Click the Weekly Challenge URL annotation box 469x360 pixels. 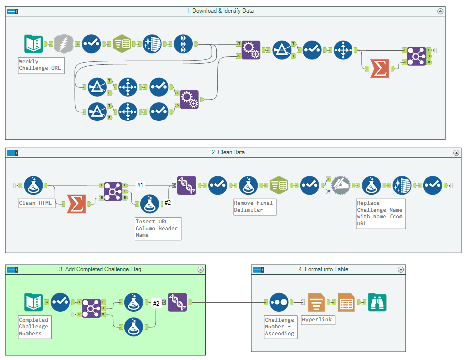pyautogui.click(x=41, y=65)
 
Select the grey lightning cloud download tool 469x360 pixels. pyautogui.click(x=63, y=44)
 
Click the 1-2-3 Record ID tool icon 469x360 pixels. pyautogui.click(x=183, y=44)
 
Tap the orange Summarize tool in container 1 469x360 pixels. pyautogui.click(x=380, y=68)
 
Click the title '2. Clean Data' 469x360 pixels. pyautogui.click(x=228, y=152)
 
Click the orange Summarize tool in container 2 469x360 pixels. pyautogui.click(x=76, y=204)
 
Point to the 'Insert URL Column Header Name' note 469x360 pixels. pyautogui.click(x=157, y=228)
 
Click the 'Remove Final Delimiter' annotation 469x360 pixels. pyautogui.click(x=254, y=206)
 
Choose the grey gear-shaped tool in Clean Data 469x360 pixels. pyautogui.click(x=342, y=185)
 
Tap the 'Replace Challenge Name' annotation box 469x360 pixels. pyautogui.click(x=380, y=213)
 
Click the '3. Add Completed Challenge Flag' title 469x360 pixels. pyautogui.click(x=100, y=269)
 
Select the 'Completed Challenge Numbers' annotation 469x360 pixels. pyautogui.click(x=34, y=327)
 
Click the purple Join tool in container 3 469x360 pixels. pyautogui.click(x=91, y=308)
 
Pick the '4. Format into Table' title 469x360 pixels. pyautogui.click(x=323, y=269)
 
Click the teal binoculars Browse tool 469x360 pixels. pyautogui.click(x=377, y=302)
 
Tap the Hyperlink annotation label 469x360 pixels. pyautogui.click(x=317, y=320)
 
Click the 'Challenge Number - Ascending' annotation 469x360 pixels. pyautogui.click(x=280, y=327)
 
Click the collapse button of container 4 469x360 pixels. pyautogui.click(x=401, y=269)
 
